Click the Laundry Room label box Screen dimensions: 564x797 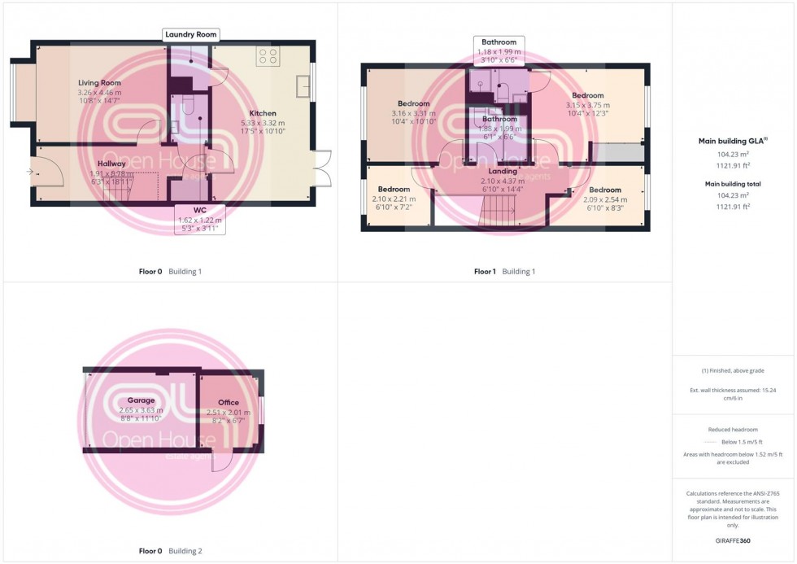pos(191,34)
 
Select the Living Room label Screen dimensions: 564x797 pos(99,83)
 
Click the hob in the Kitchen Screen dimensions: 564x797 pos(268,57)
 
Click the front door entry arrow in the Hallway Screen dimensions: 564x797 pos(30,172)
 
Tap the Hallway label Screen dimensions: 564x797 pos(111,164)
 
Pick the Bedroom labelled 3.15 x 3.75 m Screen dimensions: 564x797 pos(588,95)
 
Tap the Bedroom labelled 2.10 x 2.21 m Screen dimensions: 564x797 pos(394,190)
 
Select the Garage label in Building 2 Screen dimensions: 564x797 pos(141,400)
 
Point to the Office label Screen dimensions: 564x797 pos(229,403)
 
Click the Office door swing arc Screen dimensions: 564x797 pos(221,461)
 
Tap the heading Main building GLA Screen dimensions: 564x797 pos(733,141)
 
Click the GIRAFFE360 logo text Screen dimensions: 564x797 pos(734,540)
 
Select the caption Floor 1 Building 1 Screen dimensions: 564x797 pos(504,271)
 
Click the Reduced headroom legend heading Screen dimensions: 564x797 pos(734,429)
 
